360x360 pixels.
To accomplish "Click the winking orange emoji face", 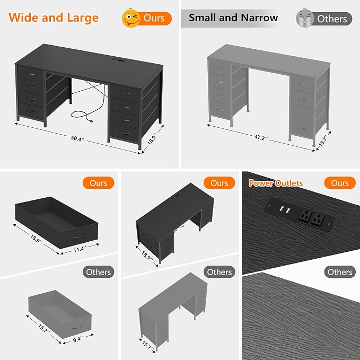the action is click(130, 18).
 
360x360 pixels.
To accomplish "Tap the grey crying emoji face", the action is click(305, 18).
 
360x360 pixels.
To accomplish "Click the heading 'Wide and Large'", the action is click(54, 18).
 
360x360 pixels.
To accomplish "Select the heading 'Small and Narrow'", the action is click(233, 17).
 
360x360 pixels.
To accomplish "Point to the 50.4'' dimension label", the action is click(77, 138).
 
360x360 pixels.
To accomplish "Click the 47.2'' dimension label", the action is click(261, 137).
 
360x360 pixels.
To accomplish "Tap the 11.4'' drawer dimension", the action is click(80, 249).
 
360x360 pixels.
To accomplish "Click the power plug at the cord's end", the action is click(90, 120).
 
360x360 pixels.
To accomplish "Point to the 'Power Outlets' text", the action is click(276, 183).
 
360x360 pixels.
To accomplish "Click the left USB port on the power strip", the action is click(280, 208).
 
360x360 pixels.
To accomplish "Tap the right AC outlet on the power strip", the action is click(317, 220).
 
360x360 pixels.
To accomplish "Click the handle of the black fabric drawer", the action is click(80, 236).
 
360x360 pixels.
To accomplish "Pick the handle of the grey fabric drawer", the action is click(77, 326).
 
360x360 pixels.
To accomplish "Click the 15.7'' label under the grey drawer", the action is click(43, 329).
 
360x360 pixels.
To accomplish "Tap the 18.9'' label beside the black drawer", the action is click(36, 238).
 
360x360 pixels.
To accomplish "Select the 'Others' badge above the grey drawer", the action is click(98, 272).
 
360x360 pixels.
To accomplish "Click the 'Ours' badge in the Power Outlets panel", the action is click(340, 183).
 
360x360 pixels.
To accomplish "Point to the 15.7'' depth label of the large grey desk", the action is click(323, 142).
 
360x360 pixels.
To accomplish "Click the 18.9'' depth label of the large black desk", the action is click(152, 139).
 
